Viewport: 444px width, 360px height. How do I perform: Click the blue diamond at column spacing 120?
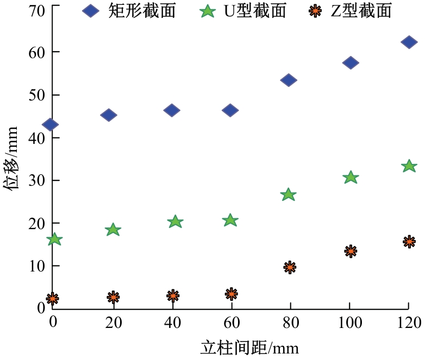click(409, 42)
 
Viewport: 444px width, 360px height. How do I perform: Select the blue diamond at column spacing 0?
click(50, 124)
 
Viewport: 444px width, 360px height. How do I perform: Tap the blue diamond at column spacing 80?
click(289, 80)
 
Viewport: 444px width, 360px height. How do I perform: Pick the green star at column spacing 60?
click(230, 220)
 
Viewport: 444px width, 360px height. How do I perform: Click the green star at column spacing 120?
click(409, 166)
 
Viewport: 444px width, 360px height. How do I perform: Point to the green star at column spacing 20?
click(113, 230)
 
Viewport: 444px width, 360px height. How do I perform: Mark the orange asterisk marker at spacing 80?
click(290, 267)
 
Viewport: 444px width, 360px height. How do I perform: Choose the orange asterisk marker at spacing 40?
click(173, 296)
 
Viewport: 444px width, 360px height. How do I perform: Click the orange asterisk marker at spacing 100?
click(351, 251)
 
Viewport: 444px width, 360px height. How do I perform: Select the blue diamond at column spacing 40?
click(172, 110)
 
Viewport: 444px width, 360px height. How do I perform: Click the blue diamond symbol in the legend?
click(90, 10)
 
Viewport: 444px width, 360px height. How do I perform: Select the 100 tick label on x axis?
click(349, 323)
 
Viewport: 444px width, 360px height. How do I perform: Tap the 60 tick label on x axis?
click(231, 323)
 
